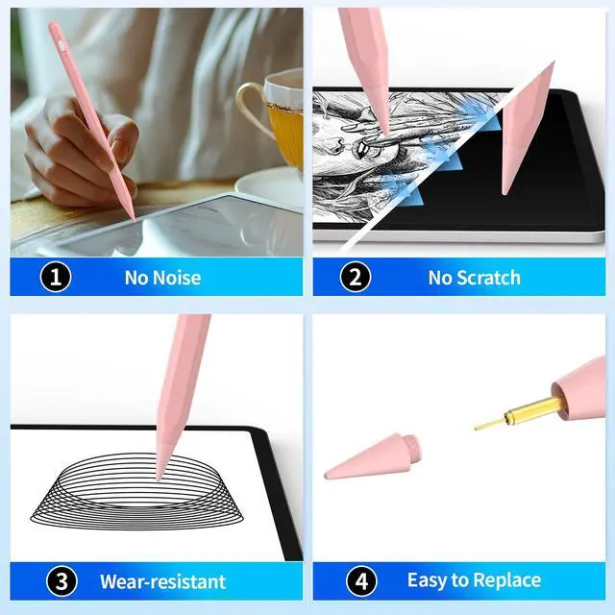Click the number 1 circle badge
pos(56,277)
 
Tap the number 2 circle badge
pos(356,277)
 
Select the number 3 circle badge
pos(61,581)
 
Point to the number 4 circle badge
pos(361,581)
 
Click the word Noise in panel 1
pos(177,278)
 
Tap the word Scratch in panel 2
pos(489,278)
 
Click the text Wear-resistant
pos(162,581)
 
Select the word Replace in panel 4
pos(509,580)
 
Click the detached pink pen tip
pos(372,456)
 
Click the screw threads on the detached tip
pos(413,446)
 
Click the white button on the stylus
pos(61,45)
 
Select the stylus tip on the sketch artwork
pos(385,131)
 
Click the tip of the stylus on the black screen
pos(504,191)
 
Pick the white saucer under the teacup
pos(271,189)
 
